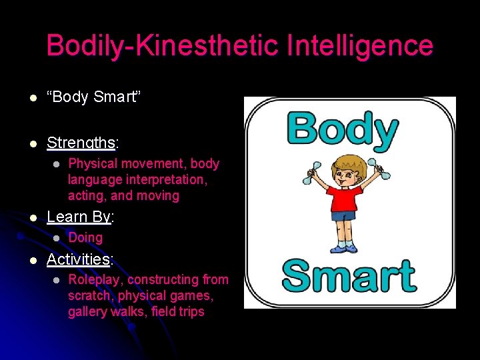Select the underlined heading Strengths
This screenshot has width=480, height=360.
(81, 143)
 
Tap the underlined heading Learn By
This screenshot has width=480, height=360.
(79, 217)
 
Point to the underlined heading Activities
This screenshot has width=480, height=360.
(78, 259)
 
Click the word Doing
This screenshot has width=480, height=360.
(85, 237)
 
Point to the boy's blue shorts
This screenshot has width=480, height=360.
(344, 216)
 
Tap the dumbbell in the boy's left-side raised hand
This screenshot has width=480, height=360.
(313, 172)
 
